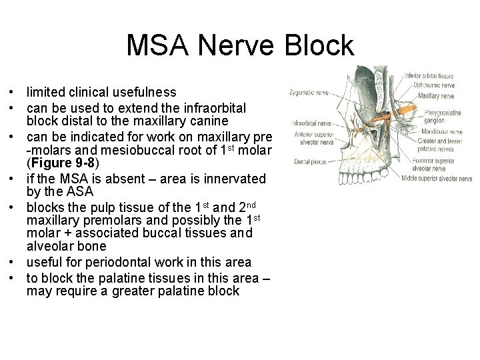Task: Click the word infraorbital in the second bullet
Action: (215, 108)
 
